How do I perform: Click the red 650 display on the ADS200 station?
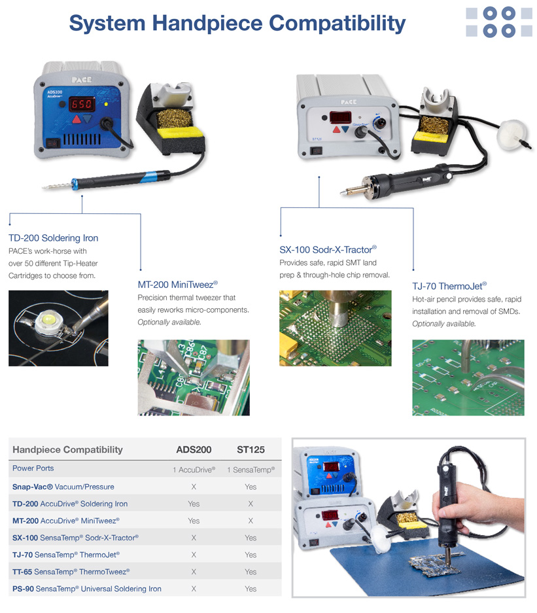click(82, 104)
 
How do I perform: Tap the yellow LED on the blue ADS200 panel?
click(106, 105)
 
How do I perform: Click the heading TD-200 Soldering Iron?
click(53, 238)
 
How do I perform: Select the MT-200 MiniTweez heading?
click(177, 285)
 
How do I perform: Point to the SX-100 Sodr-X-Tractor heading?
click(328, 249)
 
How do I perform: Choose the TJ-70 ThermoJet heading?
click(449, 286)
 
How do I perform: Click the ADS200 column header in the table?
click(194, 449)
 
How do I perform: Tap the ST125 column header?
click(251, 449)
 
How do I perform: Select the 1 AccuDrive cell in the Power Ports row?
click(194, 470)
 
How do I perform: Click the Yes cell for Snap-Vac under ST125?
click(251, 487)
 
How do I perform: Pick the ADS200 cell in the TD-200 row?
click(194, 504)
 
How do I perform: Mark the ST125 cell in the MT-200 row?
click(251, 521)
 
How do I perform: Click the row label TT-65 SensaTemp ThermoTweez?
click(71, 572)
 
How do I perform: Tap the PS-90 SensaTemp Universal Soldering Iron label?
click(87, 589)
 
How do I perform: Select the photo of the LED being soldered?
click(58, 328)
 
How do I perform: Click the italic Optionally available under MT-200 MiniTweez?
click(169, 322)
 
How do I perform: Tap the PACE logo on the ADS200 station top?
click(82, 80)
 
